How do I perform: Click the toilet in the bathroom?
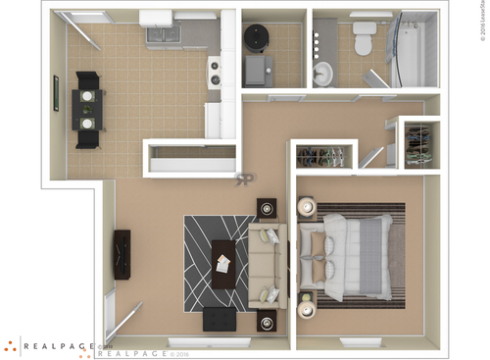click(x=364, y=39)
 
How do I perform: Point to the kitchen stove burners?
click(x=213, y=70)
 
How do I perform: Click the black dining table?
click(x=87, y=108)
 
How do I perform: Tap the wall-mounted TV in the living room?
click(x=122, y=254)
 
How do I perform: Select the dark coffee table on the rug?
click(x=223, y=263)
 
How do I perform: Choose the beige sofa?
click(x=266, y=264)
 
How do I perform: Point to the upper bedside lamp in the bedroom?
click(x=306, y=207)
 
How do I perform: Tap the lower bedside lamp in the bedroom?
click(x=306, y=308)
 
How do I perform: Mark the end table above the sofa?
click(x=267, y=208)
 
